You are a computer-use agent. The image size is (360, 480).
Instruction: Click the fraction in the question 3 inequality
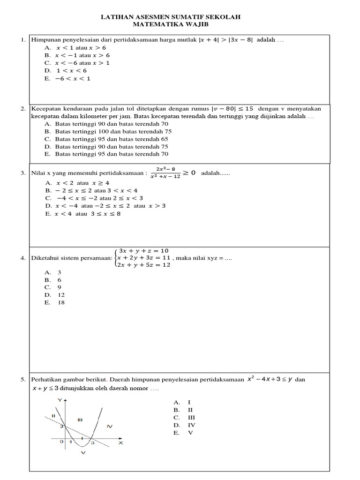click(x=165, y=173)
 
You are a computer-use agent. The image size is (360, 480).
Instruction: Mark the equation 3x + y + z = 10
click(x=143, y=250)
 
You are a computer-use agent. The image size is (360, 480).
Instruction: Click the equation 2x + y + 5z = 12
click(x=145, y=265)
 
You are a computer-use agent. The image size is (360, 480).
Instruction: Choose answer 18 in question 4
click(x=61, y=302)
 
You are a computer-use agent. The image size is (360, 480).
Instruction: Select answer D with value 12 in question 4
click(x=61, y=295)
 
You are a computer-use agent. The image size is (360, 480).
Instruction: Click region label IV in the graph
click(x=110, y=426)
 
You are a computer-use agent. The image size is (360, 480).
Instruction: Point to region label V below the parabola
click(x=83, y=453)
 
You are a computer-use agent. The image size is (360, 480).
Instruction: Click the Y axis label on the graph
click(x=60, y=400)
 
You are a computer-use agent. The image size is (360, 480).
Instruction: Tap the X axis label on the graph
click(x=120, y=442)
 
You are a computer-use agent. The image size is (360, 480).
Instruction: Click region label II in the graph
click(x=53, y=415)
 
